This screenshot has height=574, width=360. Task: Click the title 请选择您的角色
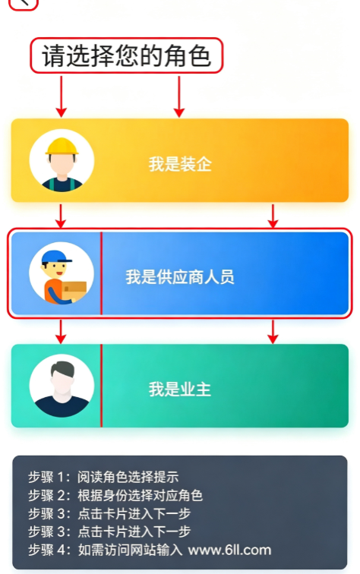[x=127, y=55]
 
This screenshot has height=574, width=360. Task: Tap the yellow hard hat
[x=62, y=147]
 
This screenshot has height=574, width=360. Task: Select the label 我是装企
[x=180, y=164]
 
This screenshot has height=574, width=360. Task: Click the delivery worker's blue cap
[x=56, y=257]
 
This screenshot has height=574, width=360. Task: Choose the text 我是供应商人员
[x=180, y=276]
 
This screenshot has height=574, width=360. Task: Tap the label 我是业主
[x=180, y=389]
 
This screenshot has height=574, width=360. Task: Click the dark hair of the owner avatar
[x=63, y=369]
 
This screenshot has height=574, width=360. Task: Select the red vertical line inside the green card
[x=102, y=386]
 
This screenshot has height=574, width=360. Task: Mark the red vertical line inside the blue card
[x=102, y=273]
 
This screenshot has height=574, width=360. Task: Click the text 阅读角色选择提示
[x=128, y=477]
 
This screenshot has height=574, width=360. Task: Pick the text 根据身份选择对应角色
[x=140, y=495]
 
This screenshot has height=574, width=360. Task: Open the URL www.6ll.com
[x=229, y=550]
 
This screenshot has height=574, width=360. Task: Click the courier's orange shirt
[x=52, y=289]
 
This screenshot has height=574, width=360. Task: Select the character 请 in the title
[x=54, y=56]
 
